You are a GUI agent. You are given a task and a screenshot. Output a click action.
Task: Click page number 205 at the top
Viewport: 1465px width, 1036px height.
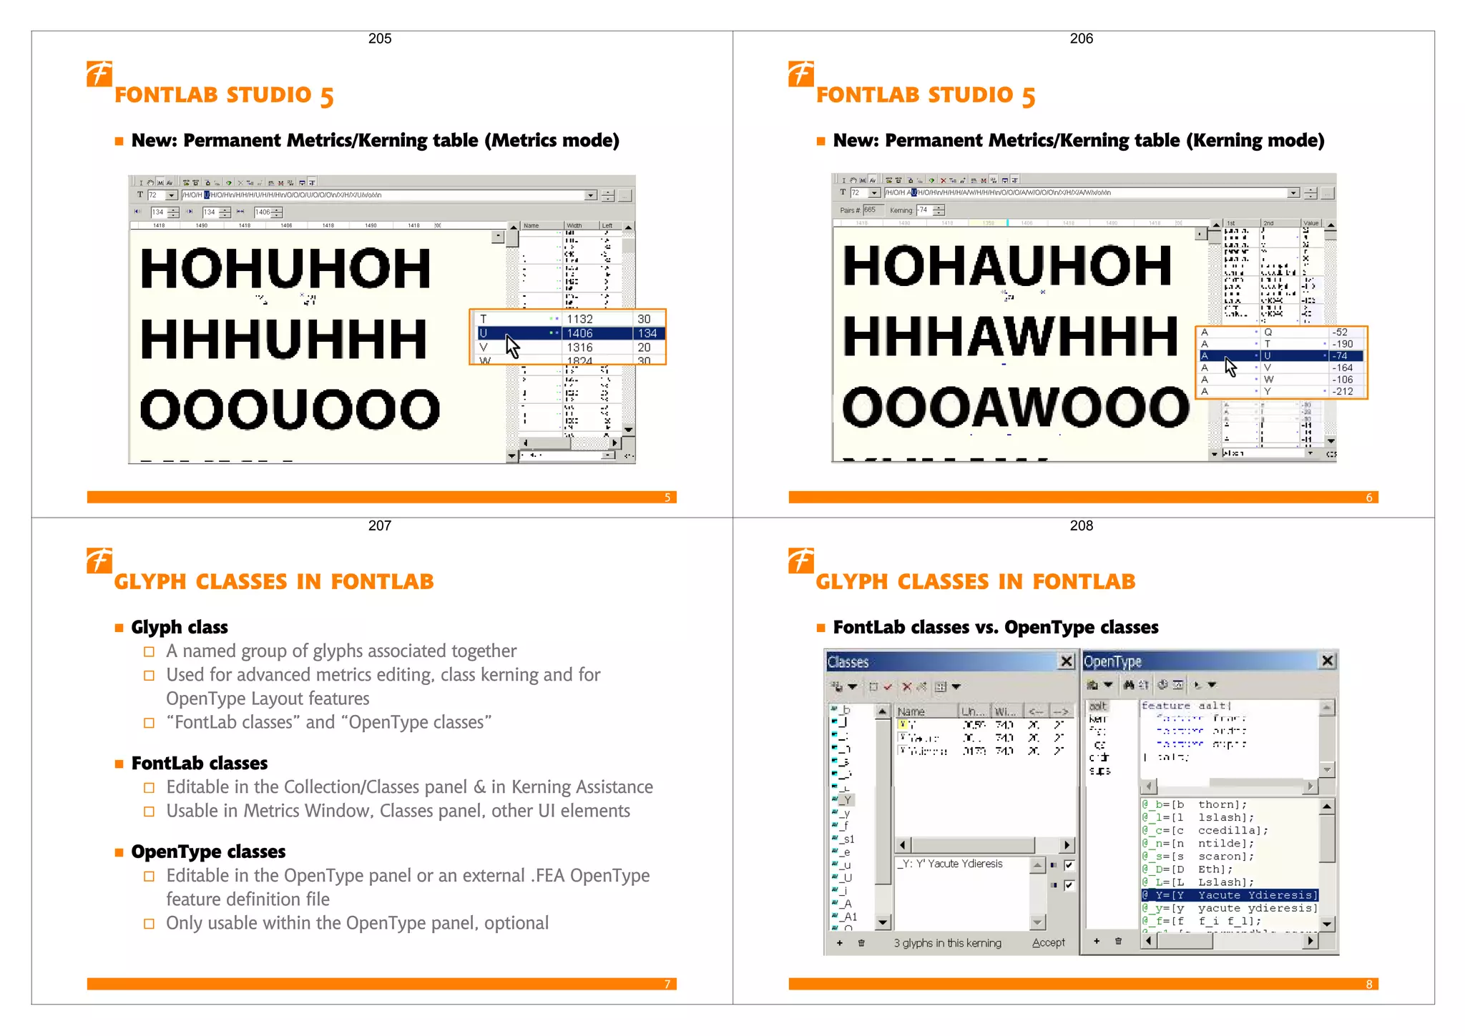pos(380,39)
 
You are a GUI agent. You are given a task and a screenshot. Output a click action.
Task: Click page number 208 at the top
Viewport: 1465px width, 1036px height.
pos(1081,526)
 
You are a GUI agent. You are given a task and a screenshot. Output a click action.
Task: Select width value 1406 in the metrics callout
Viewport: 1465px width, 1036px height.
pos(579,333)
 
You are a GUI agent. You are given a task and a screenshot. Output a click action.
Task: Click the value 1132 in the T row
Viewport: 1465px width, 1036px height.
pos(579,319)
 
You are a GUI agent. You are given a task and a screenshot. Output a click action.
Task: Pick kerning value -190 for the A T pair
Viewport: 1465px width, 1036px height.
pos(1342,344)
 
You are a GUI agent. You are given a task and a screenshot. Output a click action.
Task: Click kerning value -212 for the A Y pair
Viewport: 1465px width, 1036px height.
pos(1342,391)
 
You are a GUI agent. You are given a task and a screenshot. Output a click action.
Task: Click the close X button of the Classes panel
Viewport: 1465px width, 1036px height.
pos(1066,661)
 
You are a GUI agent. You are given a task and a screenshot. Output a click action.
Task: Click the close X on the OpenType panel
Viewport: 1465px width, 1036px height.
pos(1327,661)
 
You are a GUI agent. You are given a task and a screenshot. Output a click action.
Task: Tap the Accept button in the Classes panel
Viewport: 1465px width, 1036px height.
pos(1048,943)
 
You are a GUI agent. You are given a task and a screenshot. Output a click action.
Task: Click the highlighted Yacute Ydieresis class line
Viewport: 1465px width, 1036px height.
pos(1229,895)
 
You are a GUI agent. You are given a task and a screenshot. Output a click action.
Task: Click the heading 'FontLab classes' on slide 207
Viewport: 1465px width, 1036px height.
pos(199,764)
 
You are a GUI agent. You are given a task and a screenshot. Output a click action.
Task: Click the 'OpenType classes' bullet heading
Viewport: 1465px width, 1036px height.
pos(208,852)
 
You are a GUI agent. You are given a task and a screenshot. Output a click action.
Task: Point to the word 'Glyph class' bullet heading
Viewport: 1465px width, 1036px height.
pos(180,628)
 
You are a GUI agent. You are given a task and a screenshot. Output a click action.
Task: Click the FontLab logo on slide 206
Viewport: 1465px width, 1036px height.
pos(800,74)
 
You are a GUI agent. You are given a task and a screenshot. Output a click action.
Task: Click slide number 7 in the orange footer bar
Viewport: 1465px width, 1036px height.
pos(667,985)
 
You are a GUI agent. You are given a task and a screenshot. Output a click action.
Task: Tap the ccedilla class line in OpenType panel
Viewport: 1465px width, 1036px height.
pos(1205,831)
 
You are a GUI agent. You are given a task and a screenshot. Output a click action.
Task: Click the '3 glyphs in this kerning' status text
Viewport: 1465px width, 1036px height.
pos(947,943)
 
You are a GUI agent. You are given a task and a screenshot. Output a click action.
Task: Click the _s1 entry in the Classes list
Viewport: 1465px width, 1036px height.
pos(848,839)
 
